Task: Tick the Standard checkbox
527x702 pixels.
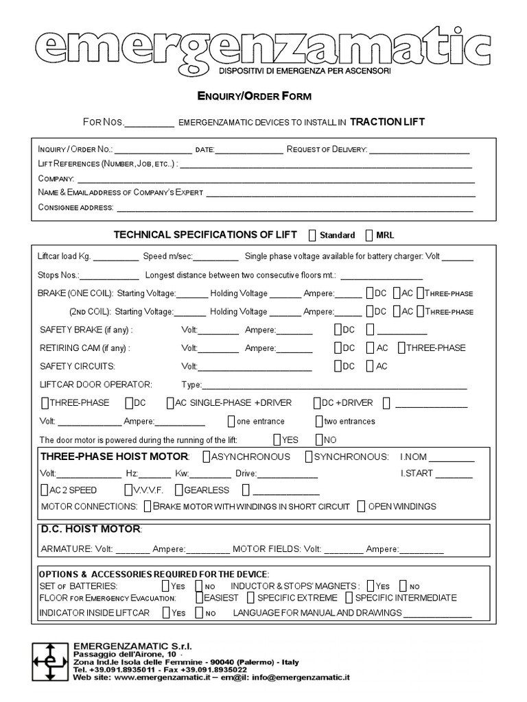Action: tap(313, 235)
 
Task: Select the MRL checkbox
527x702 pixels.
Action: tap(370, 235)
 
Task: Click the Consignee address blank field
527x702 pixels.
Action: tap(295, 208)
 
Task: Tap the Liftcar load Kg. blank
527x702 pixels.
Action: tap(115, 258)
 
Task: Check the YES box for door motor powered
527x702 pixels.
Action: tap(277, 439)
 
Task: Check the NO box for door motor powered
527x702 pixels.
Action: tap(319, 439)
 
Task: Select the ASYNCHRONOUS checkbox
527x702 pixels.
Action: tap(207, 457)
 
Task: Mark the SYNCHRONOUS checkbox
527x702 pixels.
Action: tap(309, 457)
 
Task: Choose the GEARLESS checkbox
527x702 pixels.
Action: tap(179, 490)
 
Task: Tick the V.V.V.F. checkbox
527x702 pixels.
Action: tap(128, 490)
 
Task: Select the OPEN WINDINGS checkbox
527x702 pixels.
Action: tap(362, 507)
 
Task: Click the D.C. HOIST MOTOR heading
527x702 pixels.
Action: tap(91, 529)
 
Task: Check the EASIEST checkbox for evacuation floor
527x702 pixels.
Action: tap(199, 597)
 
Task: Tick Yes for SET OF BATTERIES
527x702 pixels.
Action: tap(165, 586)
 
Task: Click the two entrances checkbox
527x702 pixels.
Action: tap(319, 421)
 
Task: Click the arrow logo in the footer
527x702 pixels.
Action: tap(49, 662)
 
